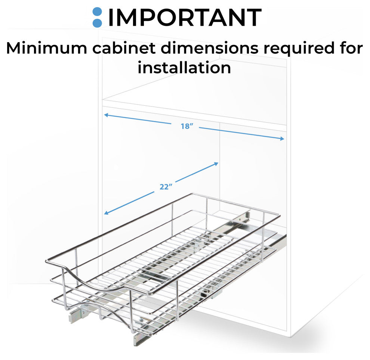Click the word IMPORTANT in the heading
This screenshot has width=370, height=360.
tap(185, 18)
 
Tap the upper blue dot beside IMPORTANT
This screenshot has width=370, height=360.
tap(97, 12)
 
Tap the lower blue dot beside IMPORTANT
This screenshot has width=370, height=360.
tap(97, 23)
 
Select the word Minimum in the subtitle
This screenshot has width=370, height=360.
tap(47, 48)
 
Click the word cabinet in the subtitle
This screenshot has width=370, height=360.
tap(124, 48)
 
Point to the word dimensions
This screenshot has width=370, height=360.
tap(210, 48)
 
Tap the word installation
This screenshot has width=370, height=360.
tap(184, 68)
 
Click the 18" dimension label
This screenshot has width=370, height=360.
tap(187, 126)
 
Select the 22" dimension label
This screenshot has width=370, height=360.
tap(166, 187)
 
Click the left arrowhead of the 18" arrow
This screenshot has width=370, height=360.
tap(106, 115)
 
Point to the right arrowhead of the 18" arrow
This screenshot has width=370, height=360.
tap(282, 139)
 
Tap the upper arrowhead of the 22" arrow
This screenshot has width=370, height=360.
tap(216, 164)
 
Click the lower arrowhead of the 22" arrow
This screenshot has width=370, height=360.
tap(106, 213)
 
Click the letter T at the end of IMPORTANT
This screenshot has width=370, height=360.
tap(253, 18)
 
